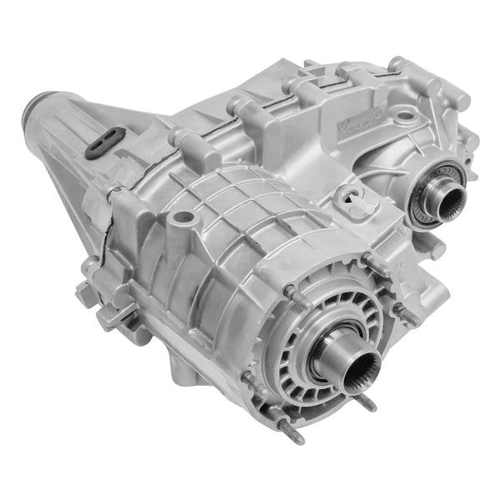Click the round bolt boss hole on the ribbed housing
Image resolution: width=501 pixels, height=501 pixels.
[181, 217]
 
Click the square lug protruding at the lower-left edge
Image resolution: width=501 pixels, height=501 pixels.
[87, 292]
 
